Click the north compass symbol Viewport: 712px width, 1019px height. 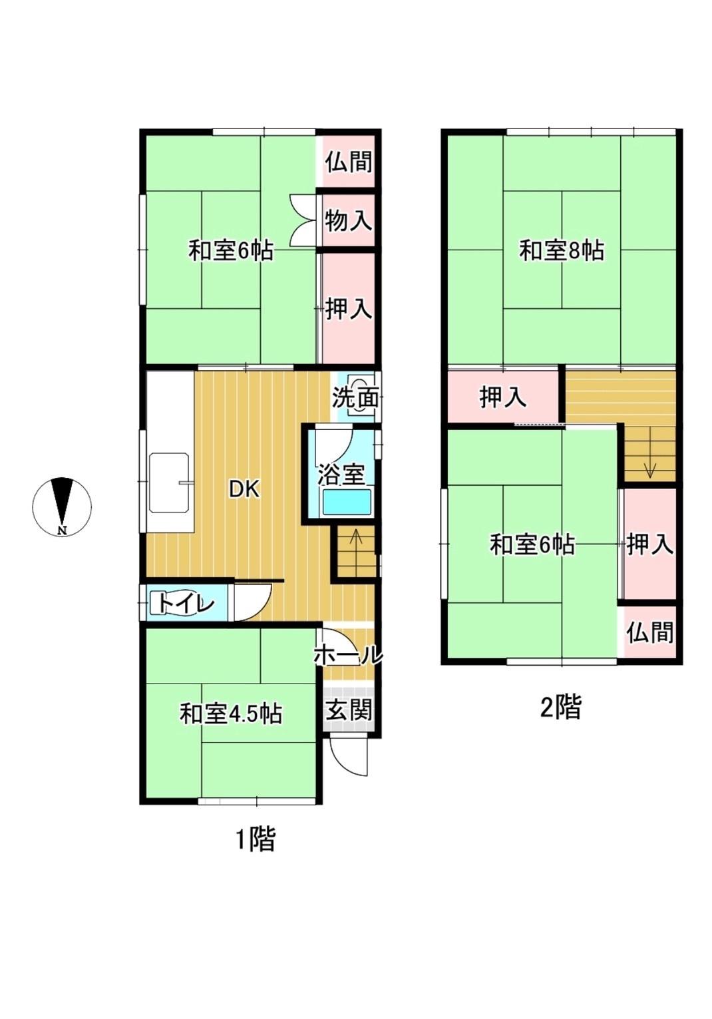(62, 507)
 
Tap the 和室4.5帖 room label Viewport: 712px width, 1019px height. (230, 714)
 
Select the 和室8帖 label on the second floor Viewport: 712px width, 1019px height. (562, 251)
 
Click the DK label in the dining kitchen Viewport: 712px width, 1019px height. (244, 489)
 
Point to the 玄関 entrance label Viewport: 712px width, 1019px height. (348, 710)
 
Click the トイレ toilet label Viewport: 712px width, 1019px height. (186, 604)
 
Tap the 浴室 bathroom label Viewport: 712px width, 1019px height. (341, 475)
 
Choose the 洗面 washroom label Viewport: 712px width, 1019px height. (355, 398)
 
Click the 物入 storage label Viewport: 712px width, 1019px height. (348, 220)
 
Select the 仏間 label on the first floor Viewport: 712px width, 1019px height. (348, 162)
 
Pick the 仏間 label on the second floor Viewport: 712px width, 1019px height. (649, 632)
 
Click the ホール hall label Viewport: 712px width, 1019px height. (348, 655)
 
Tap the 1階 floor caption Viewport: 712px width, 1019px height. (256, 839)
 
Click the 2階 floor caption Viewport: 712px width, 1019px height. (560, 707)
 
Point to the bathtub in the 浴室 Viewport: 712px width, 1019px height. (346, 503)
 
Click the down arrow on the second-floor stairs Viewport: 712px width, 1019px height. (649, 469)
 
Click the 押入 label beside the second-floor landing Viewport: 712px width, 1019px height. (503, 397)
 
